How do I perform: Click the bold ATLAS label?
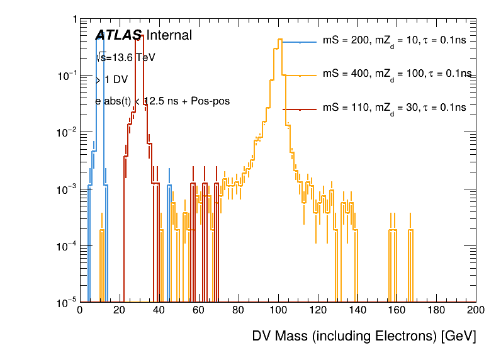click(118, 36)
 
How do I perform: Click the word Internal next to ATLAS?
click(169, 36)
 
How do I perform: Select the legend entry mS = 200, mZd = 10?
click(394, 42)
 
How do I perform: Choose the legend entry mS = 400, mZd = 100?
click(397, 74)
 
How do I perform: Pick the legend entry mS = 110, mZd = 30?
click(394, 108)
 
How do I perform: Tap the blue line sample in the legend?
click(300, 42)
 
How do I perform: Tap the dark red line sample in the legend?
click(300, 109)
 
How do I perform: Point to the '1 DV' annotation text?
click(116, 80)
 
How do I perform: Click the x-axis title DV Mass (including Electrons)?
click(364, 336)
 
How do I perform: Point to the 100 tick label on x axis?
click(278, 310)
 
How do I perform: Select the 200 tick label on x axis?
click(476, 310)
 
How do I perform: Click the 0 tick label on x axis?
click(79, 310)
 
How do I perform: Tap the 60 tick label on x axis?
click(198, 310)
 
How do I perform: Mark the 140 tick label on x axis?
click(357, 310)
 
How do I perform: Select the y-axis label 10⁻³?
click(65, 189)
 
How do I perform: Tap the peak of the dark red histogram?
click(142, 36)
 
